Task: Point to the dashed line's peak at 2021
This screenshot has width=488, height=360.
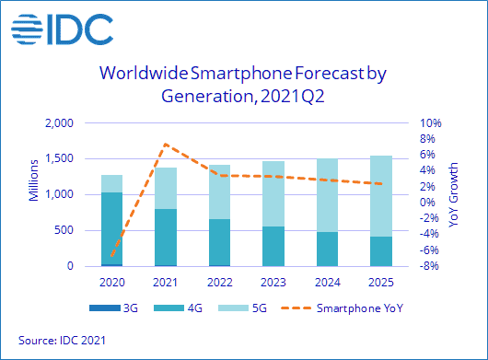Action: click(166, 144)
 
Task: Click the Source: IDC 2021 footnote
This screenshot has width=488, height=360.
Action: click(62, 341)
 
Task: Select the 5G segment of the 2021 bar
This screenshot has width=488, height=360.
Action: click(166, 188)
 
